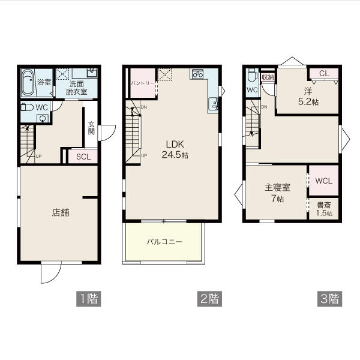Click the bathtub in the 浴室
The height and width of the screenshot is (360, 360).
pyautogui.click(x=28, y=83)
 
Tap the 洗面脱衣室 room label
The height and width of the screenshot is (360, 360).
pyautogui.click(x=76, y=88)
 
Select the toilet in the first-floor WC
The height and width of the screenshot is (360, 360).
pyautogui.click(x=27, y=107)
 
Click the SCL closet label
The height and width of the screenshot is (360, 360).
pyautogui.click(x=83, y=157)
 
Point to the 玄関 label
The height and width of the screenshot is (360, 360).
pyautogui.click(x=91, y=128)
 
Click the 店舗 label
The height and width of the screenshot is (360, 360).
pyautogui.click(x=61, y=212)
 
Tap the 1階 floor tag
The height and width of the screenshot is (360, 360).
pyautogui.click(x=89, y=299)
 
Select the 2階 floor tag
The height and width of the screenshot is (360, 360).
pyautogui.click(x=209, y=299)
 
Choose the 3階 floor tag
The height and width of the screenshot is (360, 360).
pyautogui.click(x=329, y=299)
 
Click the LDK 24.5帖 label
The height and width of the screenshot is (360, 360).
pyautogui.click(x=175, y=149)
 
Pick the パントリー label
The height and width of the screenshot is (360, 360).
pyautogui.click(x=143, y=83)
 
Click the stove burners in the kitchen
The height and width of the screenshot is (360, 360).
pyautogui.click(x=197, y=74)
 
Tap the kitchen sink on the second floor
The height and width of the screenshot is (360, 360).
pyautogui.click(x=213, y=104)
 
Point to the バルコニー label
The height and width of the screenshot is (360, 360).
pyautogui.click(x=164, y=242)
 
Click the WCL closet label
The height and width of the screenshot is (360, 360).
pyautogui.click(x=324, y=181)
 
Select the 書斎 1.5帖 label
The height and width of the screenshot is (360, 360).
pyautogui.click(x=324, y=209)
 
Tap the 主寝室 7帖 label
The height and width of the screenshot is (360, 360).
pyautogui.click(x=277, y=193)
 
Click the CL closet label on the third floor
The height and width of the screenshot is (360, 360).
pyautogui.click(x=324, y=73)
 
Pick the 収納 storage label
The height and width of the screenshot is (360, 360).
pyautogui.click(x=268, y=77)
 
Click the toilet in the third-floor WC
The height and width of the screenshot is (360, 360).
pyautogui.click(x=252, y=74)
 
